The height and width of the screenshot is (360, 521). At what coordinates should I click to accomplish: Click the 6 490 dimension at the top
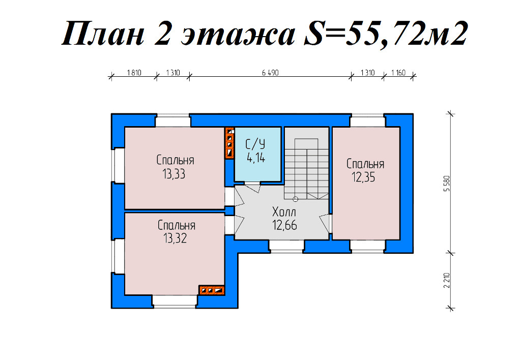coord(270,73)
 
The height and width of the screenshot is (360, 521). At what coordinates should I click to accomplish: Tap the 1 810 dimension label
coord(134,73)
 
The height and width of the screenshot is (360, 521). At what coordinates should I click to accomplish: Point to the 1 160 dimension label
coord(398,73)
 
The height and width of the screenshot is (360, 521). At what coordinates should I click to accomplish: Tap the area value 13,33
coord(174,174)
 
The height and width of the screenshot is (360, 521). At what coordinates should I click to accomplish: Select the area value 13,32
coord(175,238)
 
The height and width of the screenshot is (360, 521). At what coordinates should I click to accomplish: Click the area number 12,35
coord(363,177)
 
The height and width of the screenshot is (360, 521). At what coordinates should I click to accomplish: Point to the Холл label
coord(284,212)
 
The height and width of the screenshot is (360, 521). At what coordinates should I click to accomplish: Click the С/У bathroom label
coord(255,144)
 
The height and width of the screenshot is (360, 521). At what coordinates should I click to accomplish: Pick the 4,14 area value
coord(256,158)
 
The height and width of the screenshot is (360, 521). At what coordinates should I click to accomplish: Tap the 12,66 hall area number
coord(285,225)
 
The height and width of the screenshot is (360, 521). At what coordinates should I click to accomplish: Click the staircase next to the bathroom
coord(306,163)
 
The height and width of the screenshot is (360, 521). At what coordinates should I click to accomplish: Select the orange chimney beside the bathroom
coord(229,143)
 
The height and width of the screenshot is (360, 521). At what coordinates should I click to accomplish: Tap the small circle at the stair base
coord(296,199)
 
